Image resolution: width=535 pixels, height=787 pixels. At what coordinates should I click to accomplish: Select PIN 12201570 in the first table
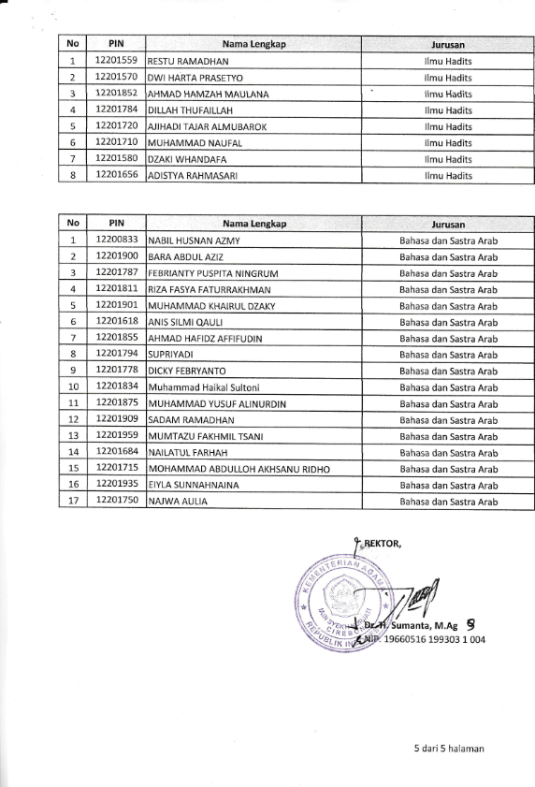[117, 78]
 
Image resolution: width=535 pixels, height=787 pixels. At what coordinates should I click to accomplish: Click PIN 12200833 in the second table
[117, 240]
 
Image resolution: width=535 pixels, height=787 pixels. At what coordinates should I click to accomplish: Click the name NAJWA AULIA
[178, 502]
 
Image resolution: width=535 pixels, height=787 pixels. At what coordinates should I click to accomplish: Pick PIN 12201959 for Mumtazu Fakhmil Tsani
[117, 435]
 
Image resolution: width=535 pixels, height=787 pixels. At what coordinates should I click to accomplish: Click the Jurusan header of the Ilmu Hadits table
[449, 44]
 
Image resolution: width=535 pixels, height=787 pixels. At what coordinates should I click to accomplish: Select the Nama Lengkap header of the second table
[253, 225]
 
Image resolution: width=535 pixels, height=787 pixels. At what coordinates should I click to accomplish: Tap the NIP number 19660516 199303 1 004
[435, 640]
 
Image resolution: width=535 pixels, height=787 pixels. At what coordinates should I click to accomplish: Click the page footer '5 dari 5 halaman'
[449, 749]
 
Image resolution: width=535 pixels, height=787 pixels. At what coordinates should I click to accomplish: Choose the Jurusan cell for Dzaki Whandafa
[449, 159]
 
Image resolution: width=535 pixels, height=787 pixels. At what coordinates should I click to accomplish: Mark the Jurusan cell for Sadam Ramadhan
[449, 420]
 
